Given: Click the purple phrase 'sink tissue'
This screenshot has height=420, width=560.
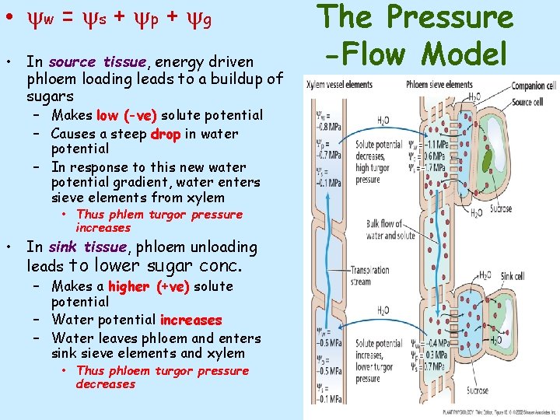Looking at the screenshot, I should click(x=87, y=247).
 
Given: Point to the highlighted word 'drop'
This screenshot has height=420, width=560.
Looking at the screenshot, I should click(x=166, y=134).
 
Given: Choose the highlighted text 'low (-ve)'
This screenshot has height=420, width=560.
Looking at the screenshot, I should click(x=127, y=116).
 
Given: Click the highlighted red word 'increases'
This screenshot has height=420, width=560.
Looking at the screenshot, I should click(x=191, y=320).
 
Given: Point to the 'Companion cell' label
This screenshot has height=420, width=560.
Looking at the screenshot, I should click(x=534, y=85).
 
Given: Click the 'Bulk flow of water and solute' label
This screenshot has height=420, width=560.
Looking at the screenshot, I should click(x=390, y=229).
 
